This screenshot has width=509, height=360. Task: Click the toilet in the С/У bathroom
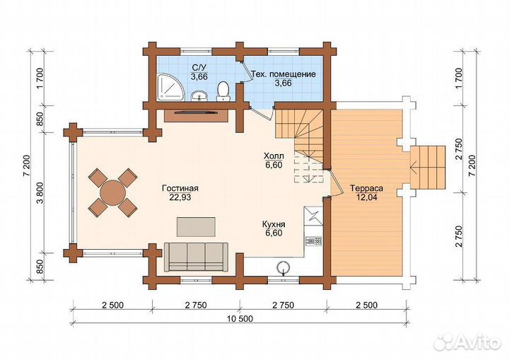(x=223, y=91)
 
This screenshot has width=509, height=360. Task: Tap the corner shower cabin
(x=170, y=88)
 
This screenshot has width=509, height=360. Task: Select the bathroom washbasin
(x=199, y=96)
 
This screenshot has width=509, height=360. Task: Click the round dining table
(x=112, y=192)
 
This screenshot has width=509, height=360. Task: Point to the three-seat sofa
(x=196, y=257)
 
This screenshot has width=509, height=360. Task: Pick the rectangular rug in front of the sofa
(x=196, y=227)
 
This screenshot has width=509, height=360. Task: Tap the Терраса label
(x=367, y=188)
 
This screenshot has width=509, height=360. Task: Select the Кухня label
(x=274, y=224)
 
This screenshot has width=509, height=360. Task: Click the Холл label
(x=274, y=156)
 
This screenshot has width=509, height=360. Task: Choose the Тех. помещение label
(x=283, y=74)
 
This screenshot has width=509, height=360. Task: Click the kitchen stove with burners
(x=313, y=241)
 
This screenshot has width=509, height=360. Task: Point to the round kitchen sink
(x=283, y=267)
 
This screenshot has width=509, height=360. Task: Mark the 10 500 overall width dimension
(x=240, y=318)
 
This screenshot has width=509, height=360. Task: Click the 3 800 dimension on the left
(x=40, y=192)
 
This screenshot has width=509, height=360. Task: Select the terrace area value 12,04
(x=367, y=197)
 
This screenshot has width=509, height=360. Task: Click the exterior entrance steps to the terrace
(x=428, y=168)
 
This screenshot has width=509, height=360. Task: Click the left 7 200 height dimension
(x=27, y=165)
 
